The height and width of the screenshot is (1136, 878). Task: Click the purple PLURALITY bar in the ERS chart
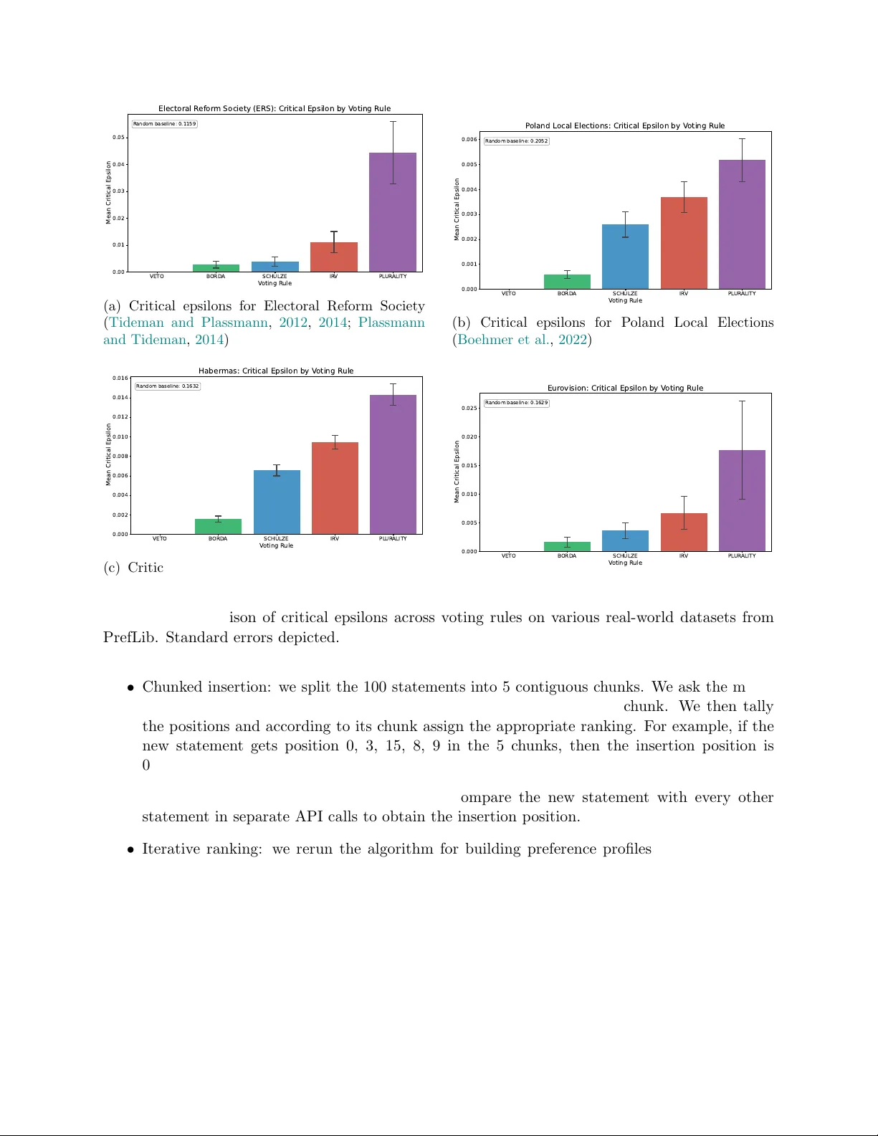pos(393,212)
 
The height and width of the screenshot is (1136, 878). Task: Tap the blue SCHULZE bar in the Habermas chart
pos(277,502)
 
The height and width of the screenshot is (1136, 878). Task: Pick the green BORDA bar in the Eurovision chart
pos(567,546)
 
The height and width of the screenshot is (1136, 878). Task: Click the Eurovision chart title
pos(625,388)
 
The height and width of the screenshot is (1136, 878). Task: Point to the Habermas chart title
pos(276,371)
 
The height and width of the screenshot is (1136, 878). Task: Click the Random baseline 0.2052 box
pos(516,141)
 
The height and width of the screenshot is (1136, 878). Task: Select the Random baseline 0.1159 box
pos(165,124)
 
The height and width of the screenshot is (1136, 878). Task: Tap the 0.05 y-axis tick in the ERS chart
pos(118,137)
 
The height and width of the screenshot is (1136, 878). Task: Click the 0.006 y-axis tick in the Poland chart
pos(469,139)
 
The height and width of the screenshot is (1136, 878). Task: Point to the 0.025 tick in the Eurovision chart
pos(469,408)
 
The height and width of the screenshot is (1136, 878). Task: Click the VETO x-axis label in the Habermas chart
pos(159,539)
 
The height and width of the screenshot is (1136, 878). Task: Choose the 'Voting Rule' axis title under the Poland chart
pos(625,300)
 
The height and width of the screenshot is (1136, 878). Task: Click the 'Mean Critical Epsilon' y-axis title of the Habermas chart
pos(109,454)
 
